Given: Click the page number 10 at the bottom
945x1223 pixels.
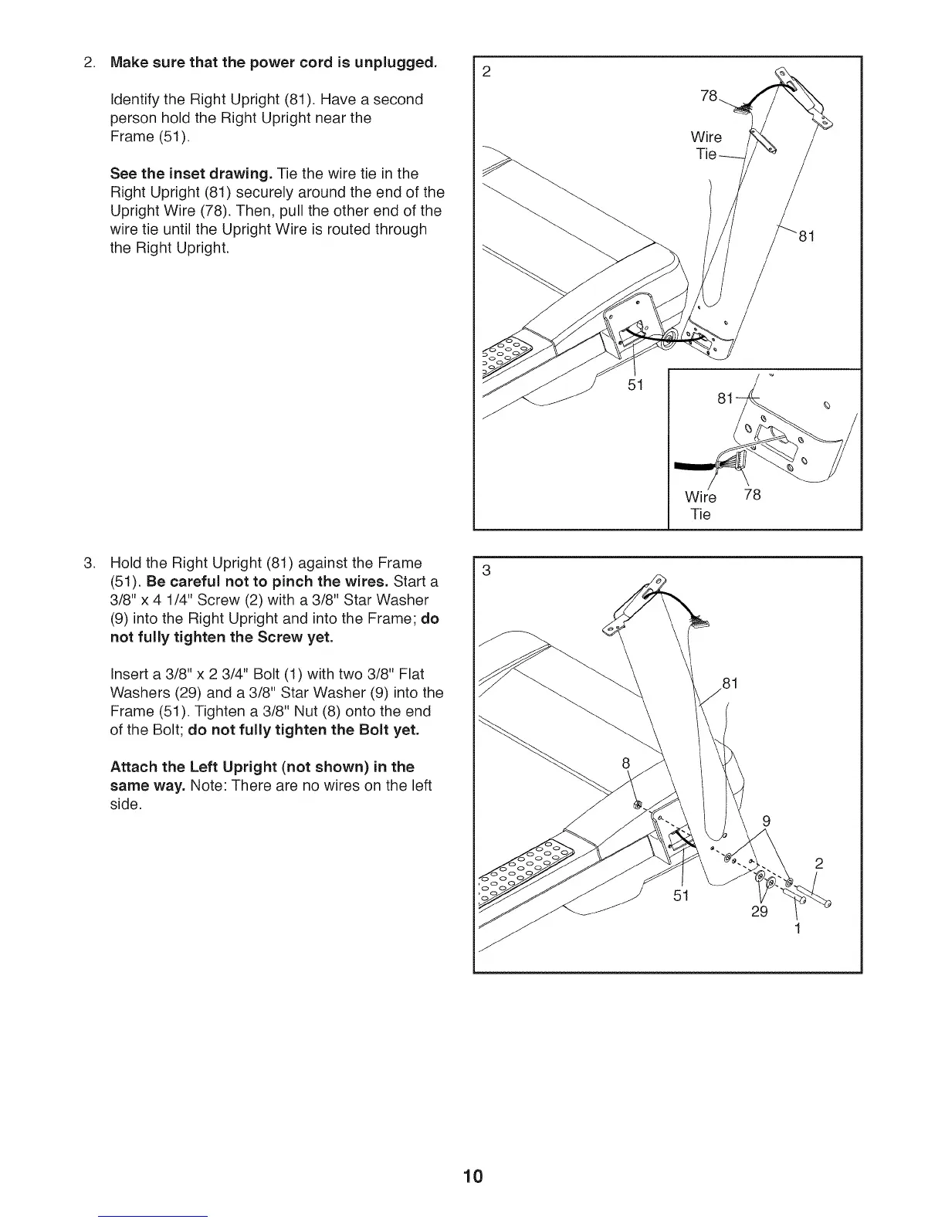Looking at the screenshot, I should point(472,1177).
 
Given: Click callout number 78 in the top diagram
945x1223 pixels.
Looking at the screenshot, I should point(709,97).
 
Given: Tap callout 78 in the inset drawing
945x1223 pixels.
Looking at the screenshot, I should point(752,495).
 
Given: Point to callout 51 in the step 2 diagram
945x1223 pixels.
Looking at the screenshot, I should point(635,384).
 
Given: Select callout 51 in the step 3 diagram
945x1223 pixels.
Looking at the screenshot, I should point(680,896).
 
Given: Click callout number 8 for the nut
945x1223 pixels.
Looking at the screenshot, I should point(627,764).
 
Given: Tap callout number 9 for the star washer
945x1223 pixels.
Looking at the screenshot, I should point(767,821).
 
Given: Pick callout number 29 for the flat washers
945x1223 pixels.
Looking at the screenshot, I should point(760,912).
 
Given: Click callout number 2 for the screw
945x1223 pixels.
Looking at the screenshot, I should point(820,863).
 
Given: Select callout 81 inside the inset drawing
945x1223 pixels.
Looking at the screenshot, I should point(726,399).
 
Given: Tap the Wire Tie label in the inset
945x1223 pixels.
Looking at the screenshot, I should point(700,505).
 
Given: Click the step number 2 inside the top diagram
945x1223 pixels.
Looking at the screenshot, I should point(486,73).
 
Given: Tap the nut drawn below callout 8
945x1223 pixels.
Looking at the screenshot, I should point(638,805).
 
